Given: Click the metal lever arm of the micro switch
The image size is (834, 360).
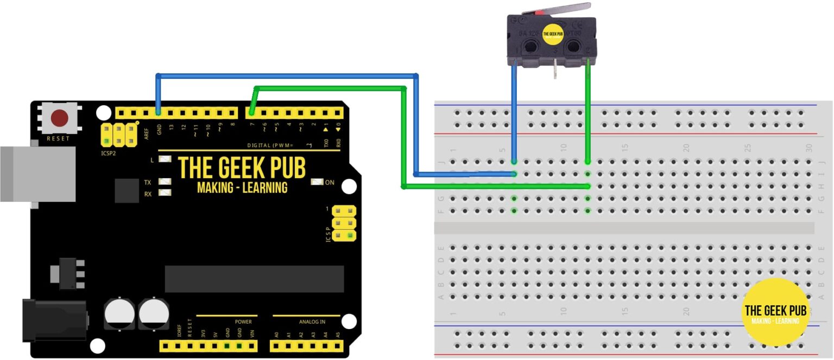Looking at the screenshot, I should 565,9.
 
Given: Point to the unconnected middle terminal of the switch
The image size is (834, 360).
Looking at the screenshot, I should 555,70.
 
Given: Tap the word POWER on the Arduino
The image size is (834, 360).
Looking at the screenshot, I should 243,321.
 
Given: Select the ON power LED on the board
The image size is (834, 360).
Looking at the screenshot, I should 317,182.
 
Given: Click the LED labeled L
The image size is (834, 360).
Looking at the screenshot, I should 165,160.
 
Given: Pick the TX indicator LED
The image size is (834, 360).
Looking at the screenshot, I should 165,182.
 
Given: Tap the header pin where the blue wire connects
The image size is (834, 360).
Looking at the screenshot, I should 158,113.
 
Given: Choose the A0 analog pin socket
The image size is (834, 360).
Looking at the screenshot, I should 276,346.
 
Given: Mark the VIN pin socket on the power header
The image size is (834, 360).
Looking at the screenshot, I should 251,346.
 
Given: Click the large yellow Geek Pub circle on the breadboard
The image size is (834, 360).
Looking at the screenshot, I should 775,312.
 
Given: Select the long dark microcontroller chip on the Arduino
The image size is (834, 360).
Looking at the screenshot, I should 254,279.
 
